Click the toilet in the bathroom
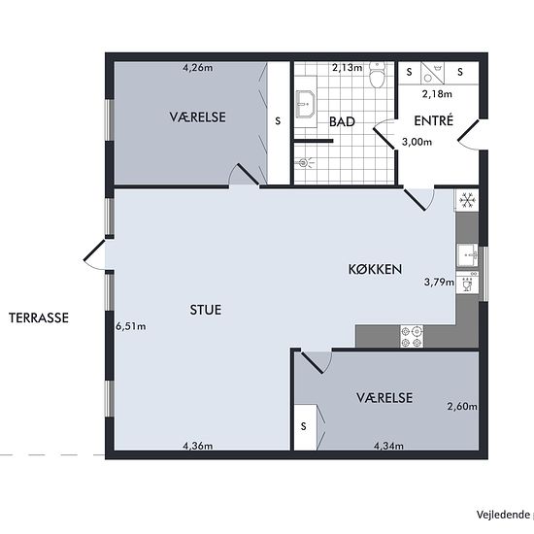tap(377, 75)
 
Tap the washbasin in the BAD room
tap(306, 104)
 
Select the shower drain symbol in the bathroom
tap(303, 163)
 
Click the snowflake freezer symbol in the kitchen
tap(467, 200)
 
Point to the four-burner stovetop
tap(412, 337)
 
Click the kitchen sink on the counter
tap(468, 254)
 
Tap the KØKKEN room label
tap(375, 269)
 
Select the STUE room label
tap(206, 310)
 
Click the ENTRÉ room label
tap(434, 120)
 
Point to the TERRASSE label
tap(39, 317)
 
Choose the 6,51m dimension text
tap(131, 326)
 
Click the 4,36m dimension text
tap(198, 446)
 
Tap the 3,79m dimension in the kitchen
tap(439, 282)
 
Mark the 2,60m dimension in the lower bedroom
tap(462, 406)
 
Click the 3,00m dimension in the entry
tap(417, 142)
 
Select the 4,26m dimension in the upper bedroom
tap(198, 68)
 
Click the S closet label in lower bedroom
tap(304, 426)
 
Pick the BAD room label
tap(342, 122)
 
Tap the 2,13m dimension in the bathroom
tap(348, 68)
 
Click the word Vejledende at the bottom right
tap(503, 515)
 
